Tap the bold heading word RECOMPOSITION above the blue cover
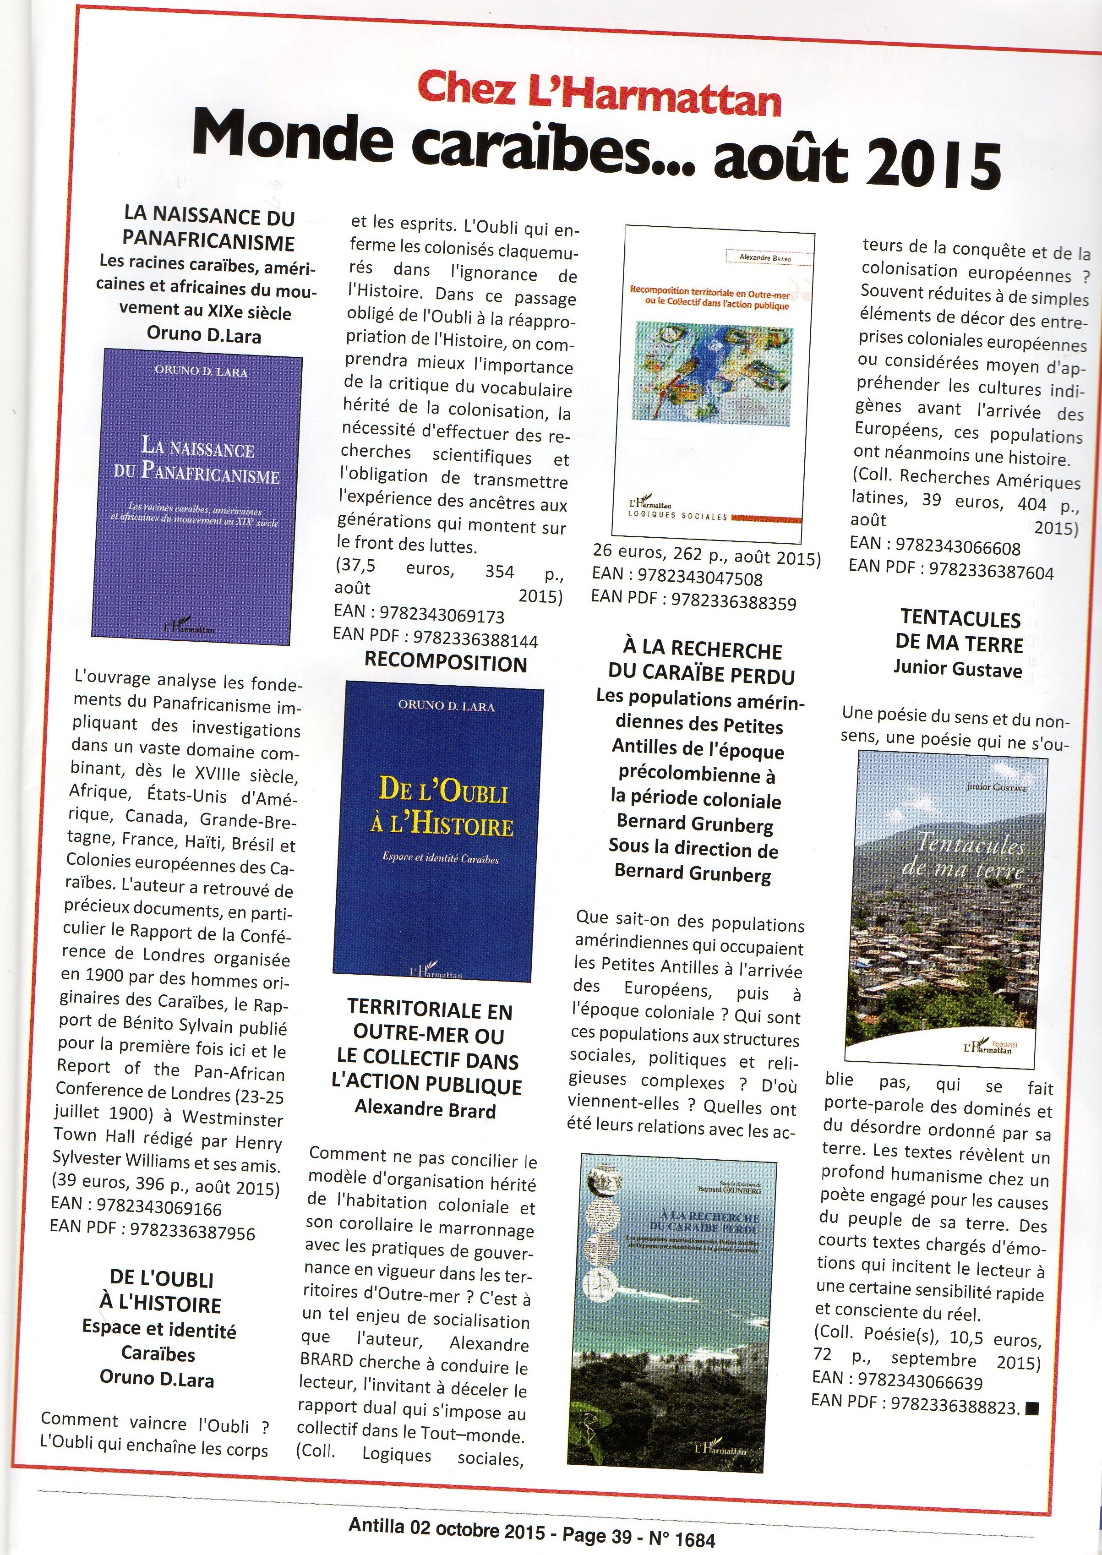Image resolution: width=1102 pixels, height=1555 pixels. click(446, 664)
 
